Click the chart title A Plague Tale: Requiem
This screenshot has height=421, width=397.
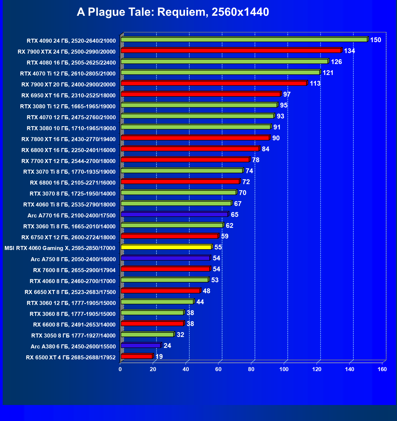click(x=173, y=12)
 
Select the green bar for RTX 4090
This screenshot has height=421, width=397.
click(x=244, y=40)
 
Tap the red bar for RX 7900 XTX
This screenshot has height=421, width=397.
click(x=231, y=51)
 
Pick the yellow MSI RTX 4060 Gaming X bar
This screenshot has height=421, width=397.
click(x=166, y=247)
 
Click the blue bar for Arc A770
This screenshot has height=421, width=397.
click(x=174, y=215)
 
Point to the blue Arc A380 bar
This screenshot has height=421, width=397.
click(x=141, y=346)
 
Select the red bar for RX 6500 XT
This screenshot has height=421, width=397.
click(x=136, y=357)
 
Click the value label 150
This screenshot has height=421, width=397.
click(x=375, y=40)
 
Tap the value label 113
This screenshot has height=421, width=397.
click(x=315, y=84)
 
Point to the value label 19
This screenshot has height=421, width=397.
click(x=159, y=357)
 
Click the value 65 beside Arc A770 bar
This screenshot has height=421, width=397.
click(x=234, y=215)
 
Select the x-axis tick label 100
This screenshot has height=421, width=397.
click(x=284, y=369)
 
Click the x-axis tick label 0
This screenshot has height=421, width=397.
click(x=120, y=369)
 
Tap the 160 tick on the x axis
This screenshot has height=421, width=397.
click(x=382, y=369)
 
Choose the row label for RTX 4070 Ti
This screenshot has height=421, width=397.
click(x=68, y=74)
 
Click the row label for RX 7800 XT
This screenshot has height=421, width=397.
click(x=68, y=139)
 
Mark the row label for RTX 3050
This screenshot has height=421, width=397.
click(x=73, y=336)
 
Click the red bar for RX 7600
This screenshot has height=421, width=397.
click(x=165, y=269)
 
